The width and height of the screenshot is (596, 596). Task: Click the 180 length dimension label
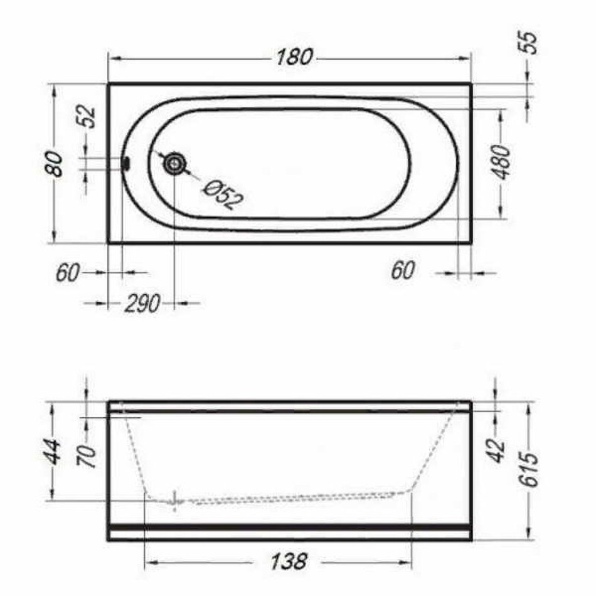[294, 57]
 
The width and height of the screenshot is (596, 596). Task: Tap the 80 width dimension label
[55, 164]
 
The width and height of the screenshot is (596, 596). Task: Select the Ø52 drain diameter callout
[223, 194]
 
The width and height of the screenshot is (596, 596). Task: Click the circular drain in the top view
[174, 164]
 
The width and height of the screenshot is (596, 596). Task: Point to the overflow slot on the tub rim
[126, 164]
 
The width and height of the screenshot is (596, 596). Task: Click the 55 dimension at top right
[529, 43]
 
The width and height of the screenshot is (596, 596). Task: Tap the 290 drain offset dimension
[142, 304]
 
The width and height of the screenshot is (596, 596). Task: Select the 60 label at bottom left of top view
[68, 272]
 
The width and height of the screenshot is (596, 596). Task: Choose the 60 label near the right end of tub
[403, 270]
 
